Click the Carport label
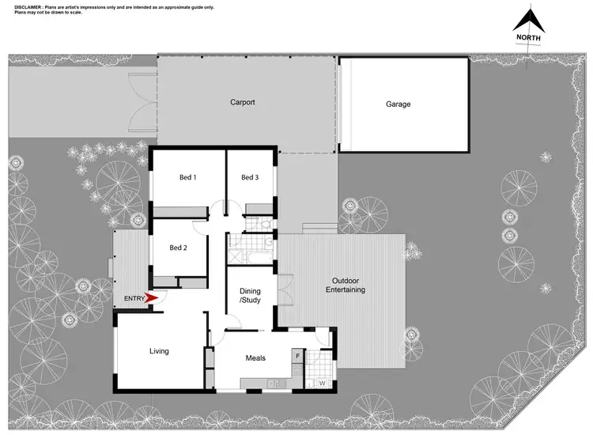[x=243, y=103]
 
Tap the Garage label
[x=398, y=104]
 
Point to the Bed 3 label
[x=250, y=177]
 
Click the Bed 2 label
[x=178, y=248]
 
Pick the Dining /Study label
[x=250, y=295]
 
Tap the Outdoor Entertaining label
[x=345, y=286]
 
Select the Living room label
[x=159, y=351]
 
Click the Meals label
[x=255, y=358]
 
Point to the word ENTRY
[x=134, y=298]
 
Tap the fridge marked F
[x=297, y=357]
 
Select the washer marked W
[x=322, y=384]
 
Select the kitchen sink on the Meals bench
[x=274, y=384]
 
